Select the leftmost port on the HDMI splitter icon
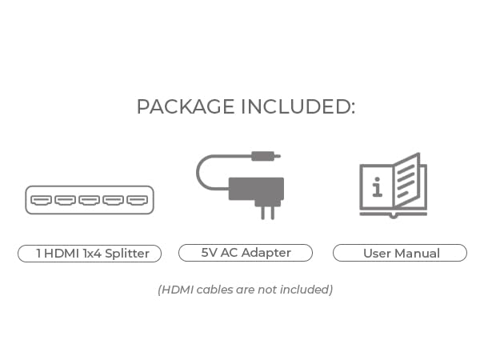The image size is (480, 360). [42, 200]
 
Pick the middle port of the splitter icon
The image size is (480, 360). [89, 200]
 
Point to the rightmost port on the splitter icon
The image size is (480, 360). [137, 200]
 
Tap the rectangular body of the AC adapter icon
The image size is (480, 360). [257, 188]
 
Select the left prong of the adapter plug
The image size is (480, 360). [260, 211]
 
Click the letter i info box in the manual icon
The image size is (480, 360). [376, 188]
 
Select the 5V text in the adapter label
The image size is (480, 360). [210, 253]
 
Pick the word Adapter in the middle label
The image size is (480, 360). [266, 253]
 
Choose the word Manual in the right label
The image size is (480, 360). [417, 254]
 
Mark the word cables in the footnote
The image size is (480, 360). [214, 290]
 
